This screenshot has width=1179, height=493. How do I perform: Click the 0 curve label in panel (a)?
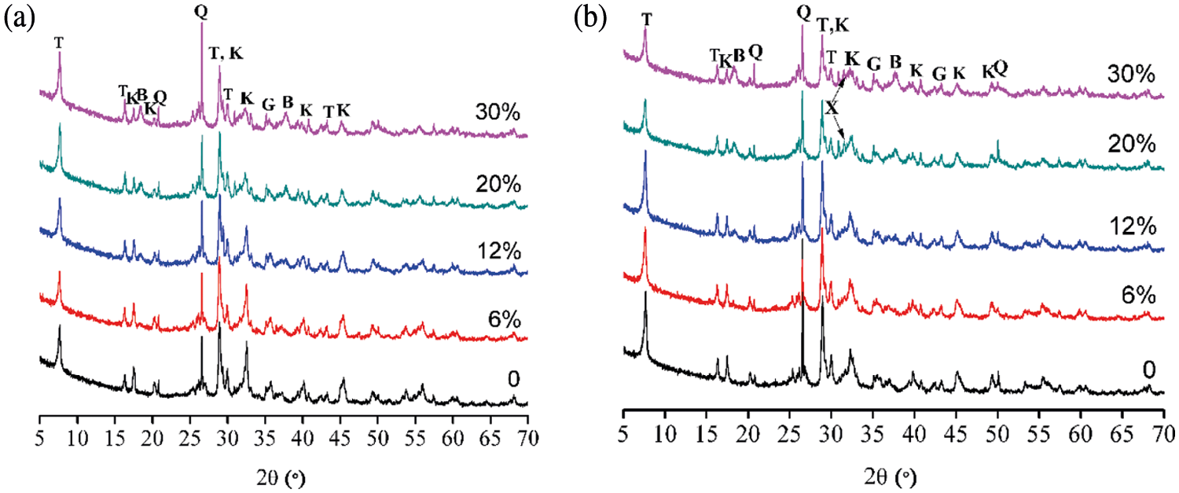coord(513,379)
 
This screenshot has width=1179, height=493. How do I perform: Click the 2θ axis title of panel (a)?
coord(284,476)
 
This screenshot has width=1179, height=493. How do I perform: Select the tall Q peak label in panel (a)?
coord(201,11)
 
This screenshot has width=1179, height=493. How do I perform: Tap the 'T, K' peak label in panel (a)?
coord(226,53)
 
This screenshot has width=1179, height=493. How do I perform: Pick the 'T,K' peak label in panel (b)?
coord(833,24)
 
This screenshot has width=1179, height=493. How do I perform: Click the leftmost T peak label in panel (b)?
coord(646,17)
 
